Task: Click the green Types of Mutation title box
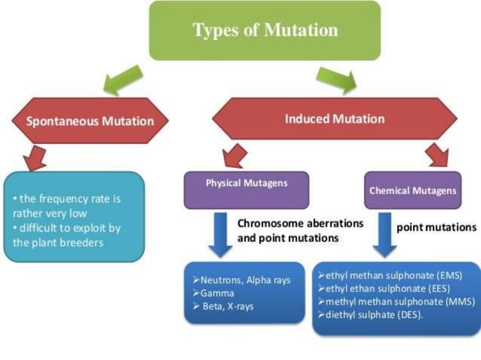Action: pos(265,31)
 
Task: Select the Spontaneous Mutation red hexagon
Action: pos(90,121)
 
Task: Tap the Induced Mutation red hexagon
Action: pos(334,119)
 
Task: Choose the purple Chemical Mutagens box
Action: pos(412,191)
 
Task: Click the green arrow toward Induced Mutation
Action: pos(335,78)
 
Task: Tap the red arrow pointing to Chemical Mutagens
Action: pos(435,154)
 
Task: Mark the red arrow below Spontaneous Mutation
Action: pos(33,157)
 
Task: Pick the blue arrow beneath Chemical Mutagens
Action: pos(384,234)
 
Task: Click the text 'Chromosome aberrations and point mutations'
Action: pos(300,230)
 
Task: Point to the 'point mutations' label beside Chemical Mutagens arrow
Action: pos(436,227)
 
